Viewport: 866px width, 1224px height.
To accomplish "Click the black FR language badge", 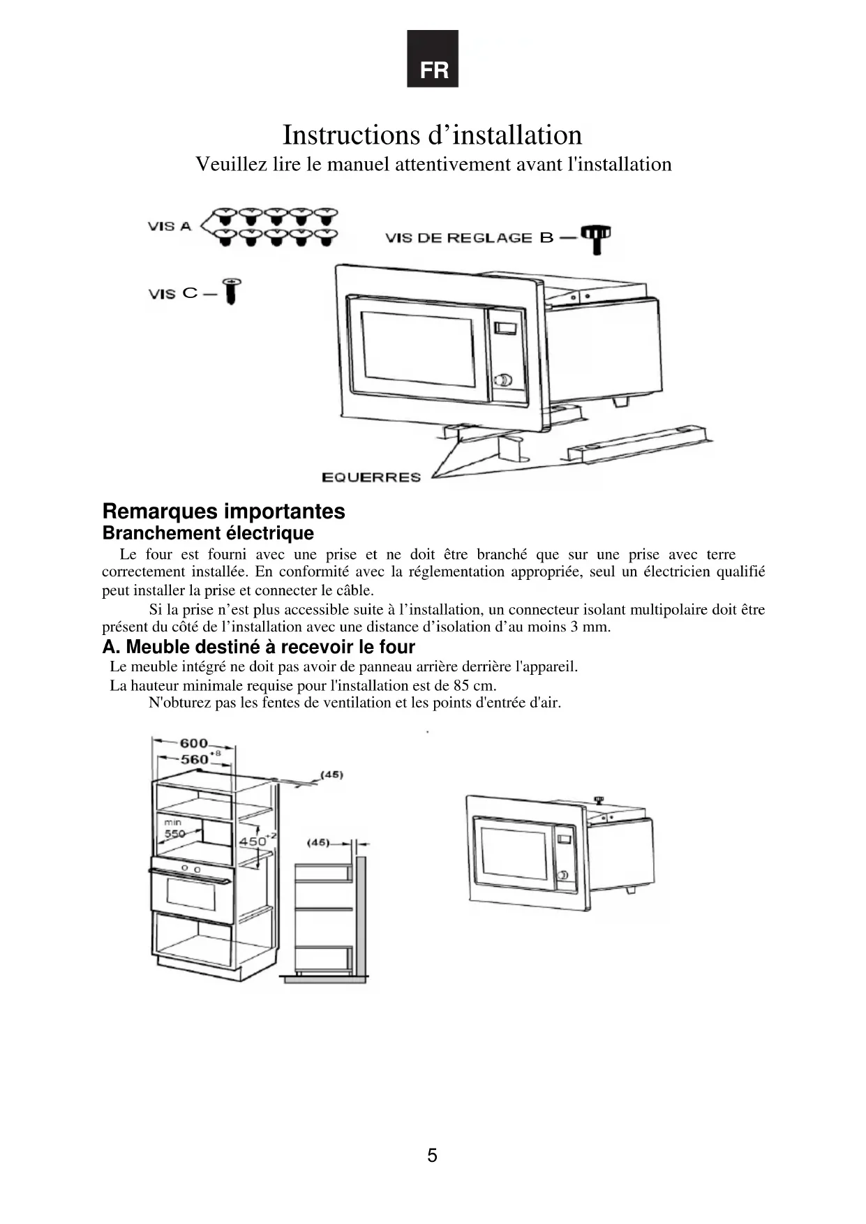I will click(x=433, y=59).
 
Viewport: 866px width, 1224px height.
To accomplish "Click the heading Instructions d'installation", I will click(x=432, y=135).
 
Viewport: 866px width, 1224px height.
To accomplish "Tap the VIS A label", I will click(x=169, y=226).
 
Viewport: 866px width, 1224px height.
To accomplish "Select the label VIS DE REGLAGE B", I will click(x=469, y=238).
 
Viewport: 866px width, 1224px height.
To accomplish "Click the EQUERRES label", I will click(x=371, y=477).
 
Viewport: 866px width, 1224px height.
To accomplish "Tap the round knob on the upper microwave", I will click(x=502, y=380).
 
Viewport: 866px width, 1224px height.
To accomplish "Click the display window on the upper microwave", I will click(x=505, y=328).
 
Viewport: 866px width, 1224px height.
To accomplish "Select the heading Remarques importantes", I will click(x=223, y=511).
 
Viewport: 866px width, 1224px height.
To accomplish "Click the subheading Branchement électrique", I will click(x=208, y=533).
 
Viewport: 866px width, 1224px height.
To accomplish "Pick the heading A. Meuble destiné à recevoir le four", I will click(x=258, y=647).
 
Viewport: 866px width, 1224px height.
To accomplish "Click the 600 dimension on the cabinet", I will click(x=194, y=743).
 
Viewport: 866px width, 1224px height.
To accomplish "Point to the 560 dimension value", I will click(x=195, y=759).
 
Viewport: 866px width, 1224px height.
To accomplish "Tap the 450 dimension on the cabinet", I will click(x=253, y=842).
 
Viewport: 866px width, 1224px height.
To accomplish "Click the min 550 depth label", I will click(x=174, y=830).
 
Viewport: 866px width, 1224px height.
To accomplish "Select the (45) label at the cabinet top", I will click(x=331, y=775).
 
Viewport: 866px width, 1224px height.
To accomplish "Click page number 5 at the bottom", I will click(x=433, y=1155).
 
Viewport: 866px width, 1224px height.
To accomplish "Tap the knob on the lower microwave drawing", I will click(x=562, y=875).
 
